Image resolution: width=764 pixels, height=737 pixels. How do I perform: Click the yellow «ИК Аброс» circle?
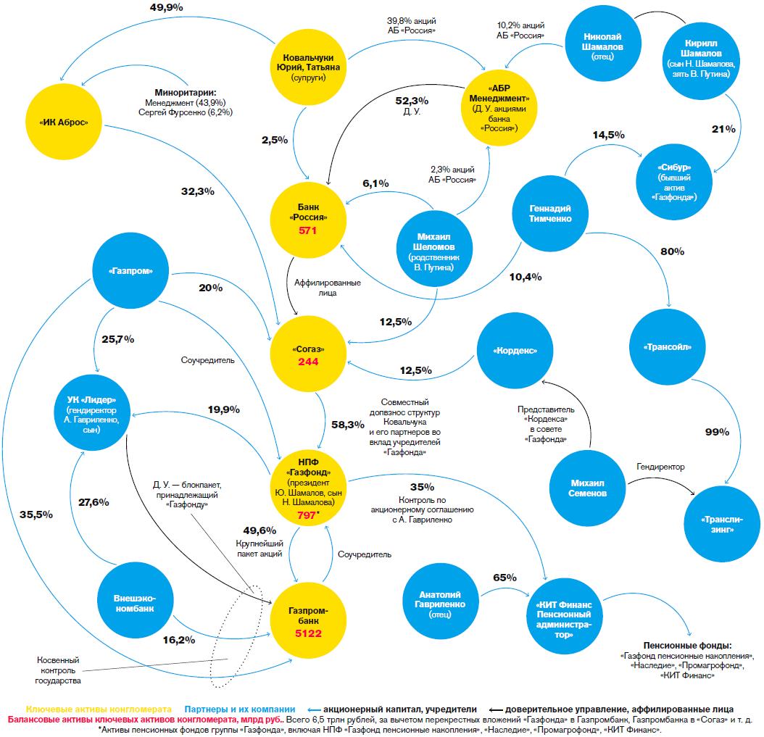click(x=63, y=122)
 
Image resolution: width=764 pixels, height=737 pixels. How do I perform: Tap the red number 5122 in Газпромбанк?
click(x=309, y=633)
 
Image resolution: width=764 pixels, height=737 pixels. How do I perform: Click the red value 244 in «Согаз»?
click(x=309, y=362)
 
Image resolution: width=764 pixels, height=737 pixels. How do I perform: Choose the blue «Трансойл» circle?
click(x=666, y=346)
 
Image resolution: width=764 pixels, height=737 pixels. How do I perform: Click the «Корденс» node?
click(x=515, y=350)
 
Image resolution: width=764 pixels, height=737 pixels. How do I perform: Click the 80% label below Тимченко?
click(x=672, y=251)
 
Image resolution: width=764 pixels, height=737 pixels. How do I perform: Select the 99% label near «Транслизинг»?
click(x=717, y=432)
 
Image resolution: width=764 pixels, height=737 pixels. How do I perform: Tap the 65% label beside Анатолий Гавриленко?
click(x=505, y=578)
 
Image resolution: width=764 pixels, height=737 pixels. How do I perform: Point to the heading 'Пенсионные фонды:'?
click(x=687, y=646)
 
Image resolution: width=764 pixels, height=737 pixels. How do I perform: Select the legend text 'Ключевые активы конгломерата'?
click(x=99, y=709)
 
